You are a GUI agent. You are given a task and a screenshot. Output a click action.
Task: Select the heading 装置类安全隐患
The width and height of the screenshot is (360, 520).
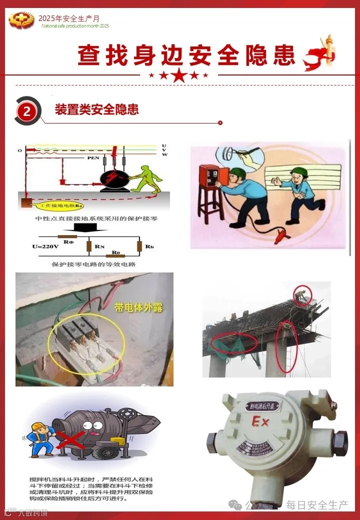[x=96, y=109]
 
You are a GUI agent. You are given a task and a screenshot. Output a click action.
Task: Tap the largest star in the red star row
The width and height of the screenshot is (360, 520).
[x=180, y=76]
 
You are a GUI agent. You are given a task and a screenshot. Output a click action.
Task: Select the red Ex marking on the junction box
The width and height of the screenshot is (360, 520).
[x=260, y=422]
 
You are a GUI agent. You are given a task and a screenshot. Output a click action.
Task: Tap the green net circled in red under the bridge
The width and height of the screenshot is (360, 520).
[x=234, y=343]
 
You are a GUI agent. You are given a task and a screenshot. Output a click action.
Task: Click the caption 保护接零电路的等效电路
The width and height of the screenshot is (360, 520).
[x=94, y=264]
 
